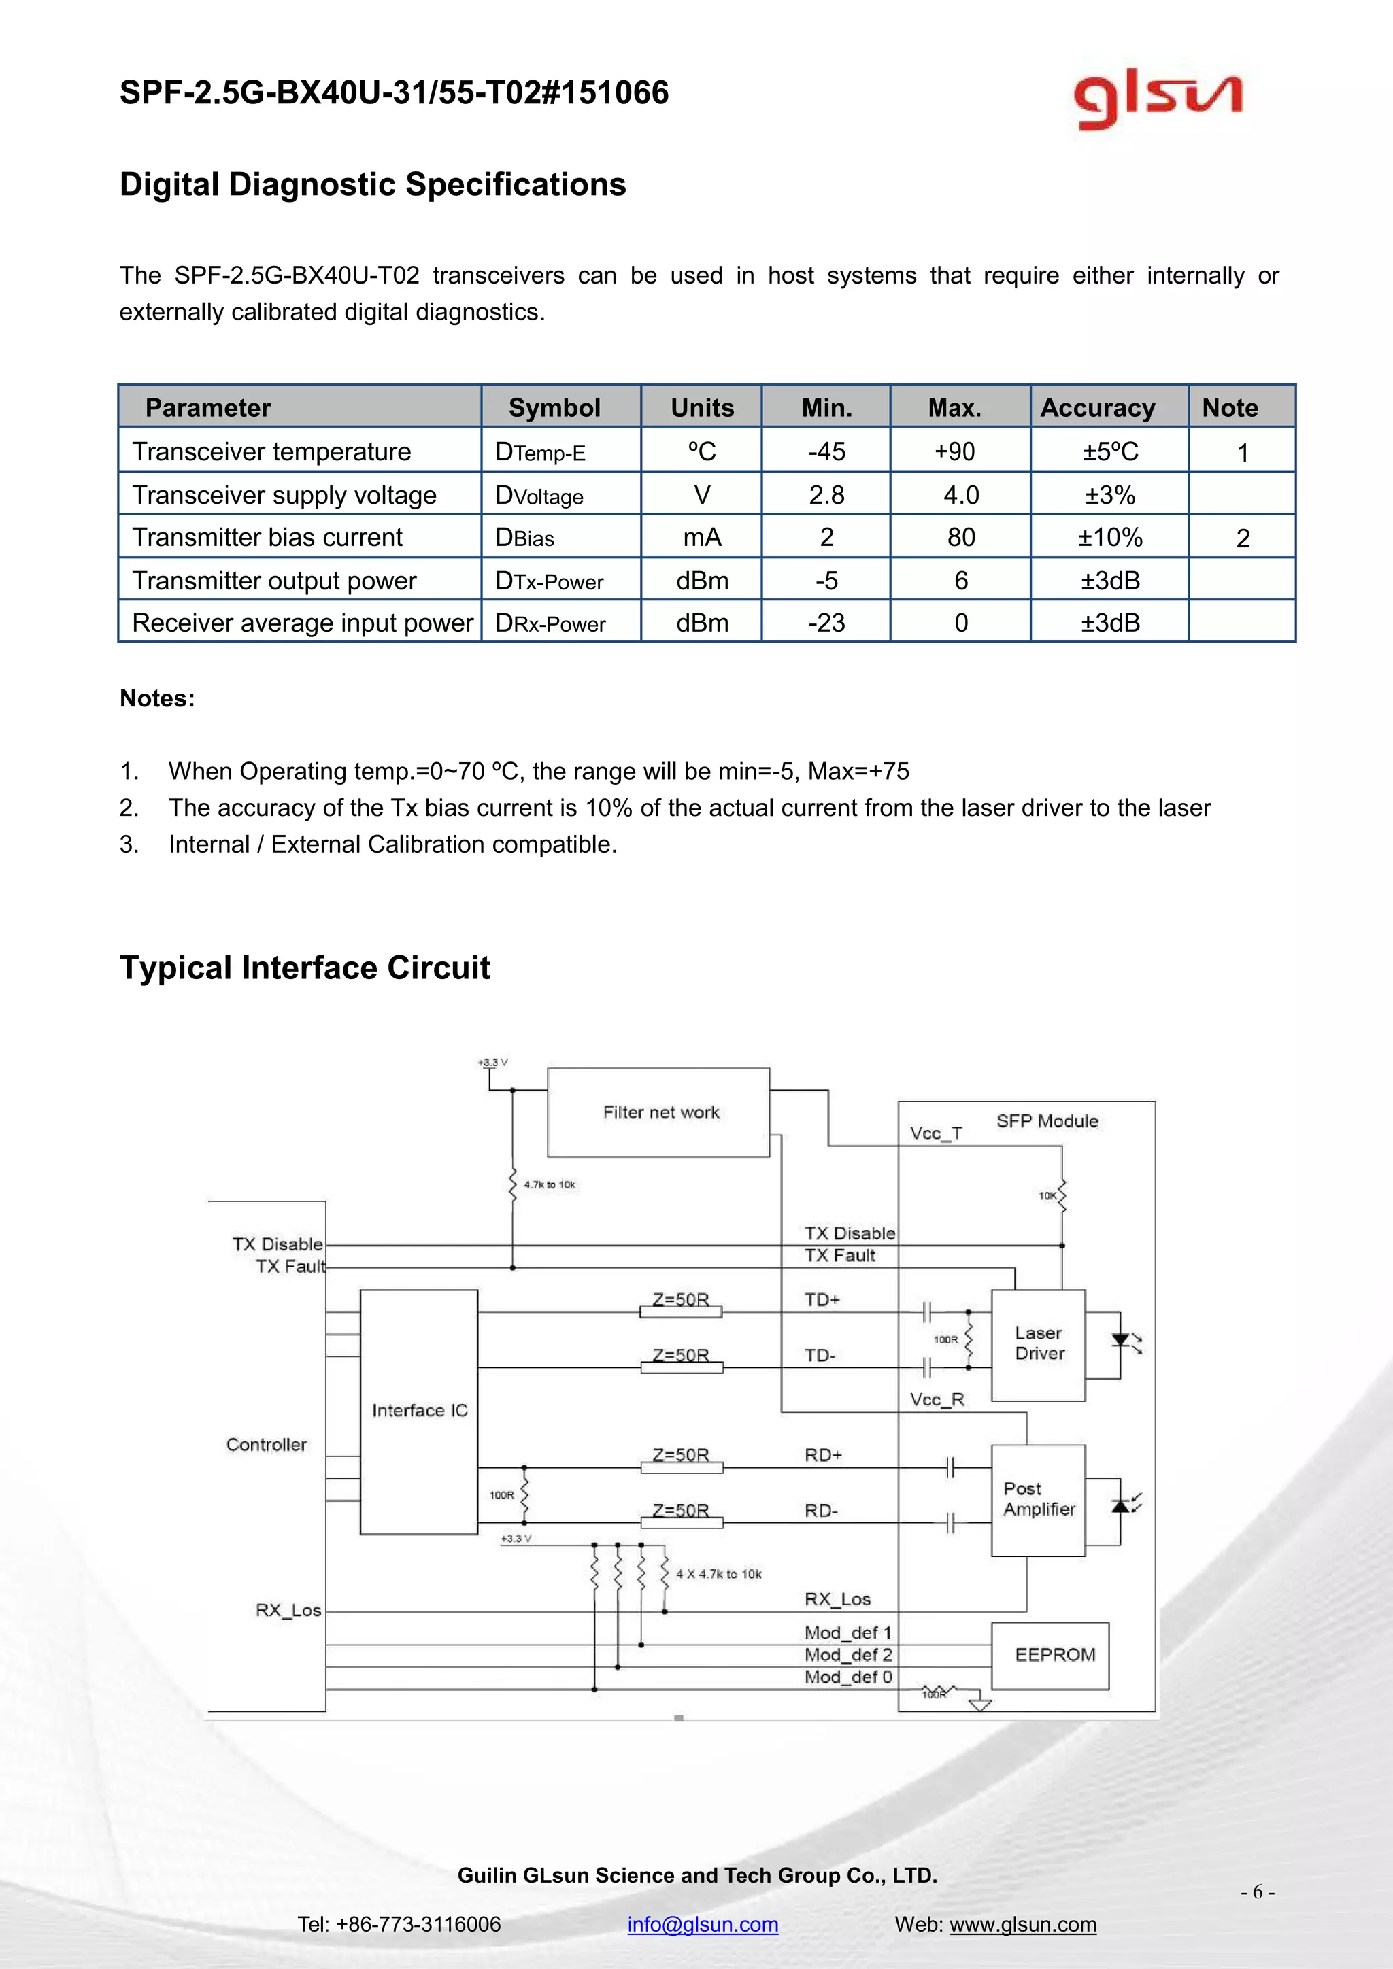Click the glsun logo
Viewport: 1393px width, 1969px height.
(x=1157, y=101)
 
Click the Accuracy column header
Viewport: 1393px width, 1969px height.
(x=1097, y=407)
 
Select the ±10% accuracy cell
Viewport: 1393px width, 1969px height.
(x=1109, y=538)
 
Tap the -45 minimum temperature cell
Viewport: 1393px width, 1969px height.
(x=826, y=451)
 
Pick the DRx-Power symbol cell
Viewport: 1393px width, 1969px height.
(x=551, y=623)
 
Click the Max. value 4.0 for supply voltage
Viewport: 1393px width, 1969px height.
(x=960, y=495)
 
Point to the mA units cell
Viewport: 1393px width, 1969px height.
(x=702, y=538)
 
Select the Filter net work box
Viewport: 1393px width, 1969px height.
(x=659, y=1112)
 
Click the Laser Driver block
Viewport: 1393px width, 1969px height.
(x=1038, y=1343)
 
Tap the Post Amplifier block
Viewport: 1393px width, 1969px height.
(x=1038, y=1499)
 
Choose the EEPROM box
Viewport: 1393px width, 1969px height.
(x=1054, y=1655)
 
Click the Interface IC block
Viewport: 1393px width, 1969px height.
(x=420, y=1411)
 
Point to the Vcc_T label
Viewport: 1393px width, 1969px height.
(x=936, y=1133)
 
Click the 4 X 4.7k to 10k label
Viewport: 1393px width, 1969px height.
(x=718, y=1574)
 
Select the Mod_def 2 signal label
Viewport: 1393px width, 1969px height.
(x=847, y=1654)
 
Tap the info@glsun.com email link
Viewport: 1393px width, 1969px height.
(x=703, y=1923)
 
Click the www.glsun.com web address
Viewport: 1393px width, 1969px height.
(x=1022, y=1923)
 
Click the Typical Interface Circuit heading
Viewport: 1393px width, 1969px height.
(x=305, y=968)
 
